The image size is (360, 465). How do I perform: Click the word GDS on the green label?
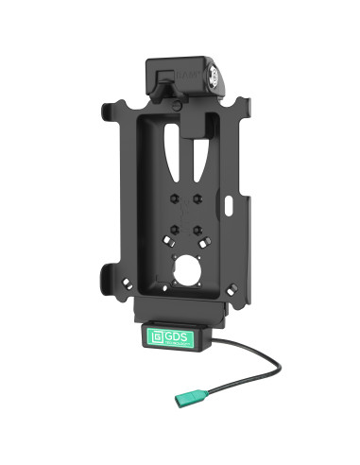pyautogui.click(x=178, y=336)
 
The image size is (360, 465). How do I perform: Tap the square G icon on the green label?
pyautogui.click(x=154, y=337)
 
